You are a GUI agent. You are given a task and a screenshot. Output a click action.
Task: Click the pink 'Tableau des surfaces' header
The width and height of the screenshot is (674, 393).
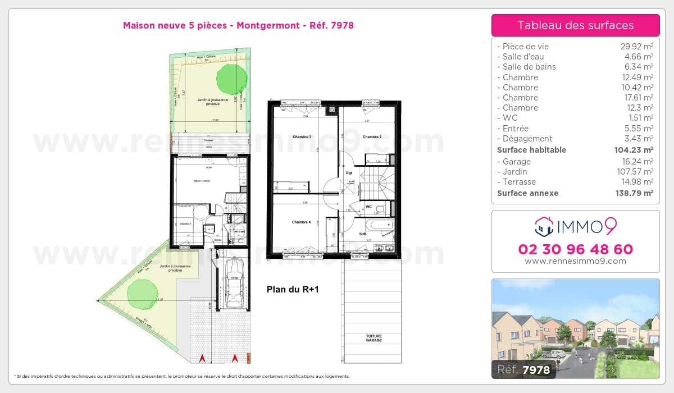[575, 25]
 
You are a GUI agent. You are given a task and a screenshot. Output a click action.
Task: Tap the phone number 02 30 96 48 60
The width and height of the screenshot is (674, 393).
[575, 249]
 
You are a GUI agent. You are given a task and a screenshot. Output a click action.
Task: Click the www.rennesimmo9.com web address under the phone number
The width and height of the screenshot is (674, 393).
[575, 261]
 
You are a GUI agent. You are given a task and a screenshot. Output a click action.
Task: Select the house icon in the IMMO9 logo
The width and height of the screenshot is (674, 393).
[543, 227]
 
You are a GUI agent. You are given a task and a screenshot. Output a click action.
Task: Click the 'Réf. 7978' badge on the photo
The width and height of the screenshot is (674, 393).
[524, 369]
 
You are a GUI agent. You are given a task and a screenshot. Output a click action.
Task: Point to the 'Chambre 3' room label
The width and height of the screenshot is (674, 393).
[302, 137]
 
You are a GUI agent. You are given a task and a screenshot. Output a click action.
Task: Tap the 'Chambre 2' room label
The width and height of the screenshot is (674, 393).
[372, 137]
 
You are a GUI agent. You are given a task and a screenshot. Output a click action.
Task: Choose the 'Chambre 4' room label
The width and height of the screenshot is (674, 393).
[302, 222]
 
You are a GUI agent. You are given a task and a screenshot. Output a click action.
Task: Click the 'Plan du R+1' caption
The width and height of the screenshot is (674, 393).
[292, 290]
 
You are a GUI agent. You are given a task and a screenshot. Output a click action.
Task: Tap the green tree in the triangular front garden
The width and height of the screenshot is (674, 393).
[139, 292]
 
